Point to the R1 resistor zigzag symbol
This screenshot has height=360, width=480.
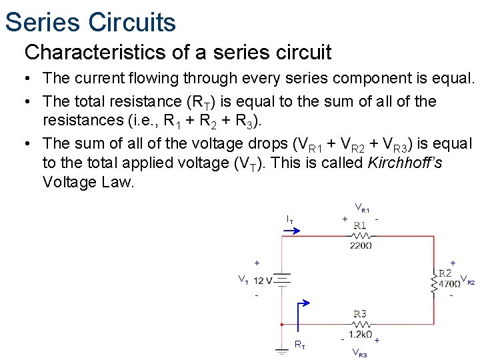(360, 235)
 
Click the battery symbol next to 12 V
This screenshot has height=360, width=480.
(283, 280)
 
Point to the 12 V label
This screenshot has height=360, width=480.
(263, 280)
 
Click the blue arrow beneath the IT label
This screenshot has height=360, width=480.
(293, 231)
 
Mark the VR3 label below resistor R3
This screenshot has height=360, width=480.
(359, 353)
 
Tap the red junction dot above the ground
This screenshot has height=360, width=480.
(283, 325)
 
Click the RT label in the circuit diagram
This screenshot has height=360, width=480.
(301, 345)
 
